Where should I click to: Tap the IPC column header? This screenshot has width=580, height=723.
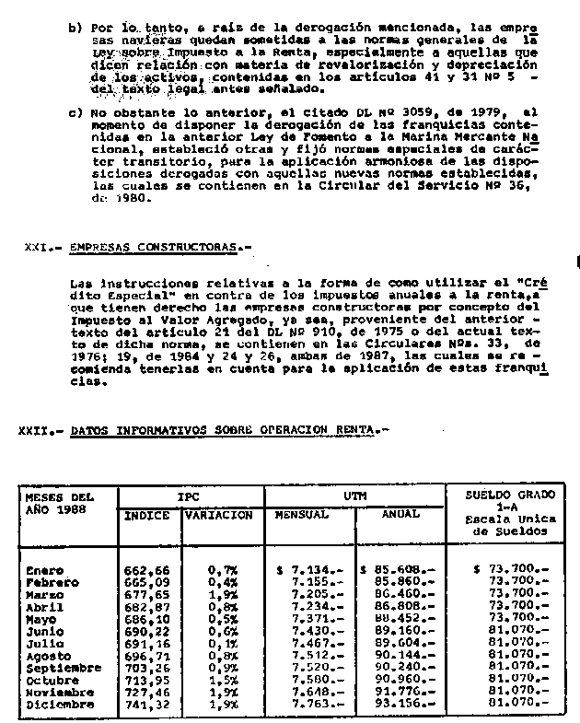[x=191, y=496]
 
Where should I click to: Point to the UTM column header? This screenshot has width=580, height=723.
[x=354, y=496]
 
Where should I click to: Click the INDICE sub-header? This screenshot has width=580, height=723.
[x=147, y=516]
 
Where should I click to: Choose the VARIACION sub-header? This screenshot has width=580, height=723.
[x=219, y=516]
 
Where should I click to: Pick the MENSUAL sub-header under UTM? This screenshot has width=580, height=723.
[x=302, y=515]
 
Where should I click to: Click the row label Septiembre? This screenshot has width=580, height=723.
[x=65, y=667]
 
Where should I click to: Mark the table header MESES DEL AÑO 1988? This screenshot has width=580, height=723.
[x=60, y=503]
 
